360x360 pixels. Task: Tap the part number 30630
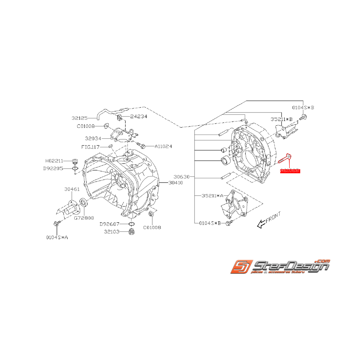pyautogui.click(x=181, y=177)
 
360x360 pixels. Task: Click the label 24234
pyautogui.click(x=138, y=116)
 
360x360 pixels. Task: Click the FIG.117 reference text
pyautogui.click(x=90, y=147)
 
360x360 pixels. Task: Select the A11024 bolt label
pyautogui.click(x=164, y=147)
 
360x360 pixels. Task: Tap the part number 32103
pyautogui.click(x=113, y=232)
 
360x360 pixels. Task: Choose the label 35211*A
pyautogui.click(x=212, y=196)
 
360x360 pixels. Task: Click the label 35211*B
pyautogui.click(x=281, y=119)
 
